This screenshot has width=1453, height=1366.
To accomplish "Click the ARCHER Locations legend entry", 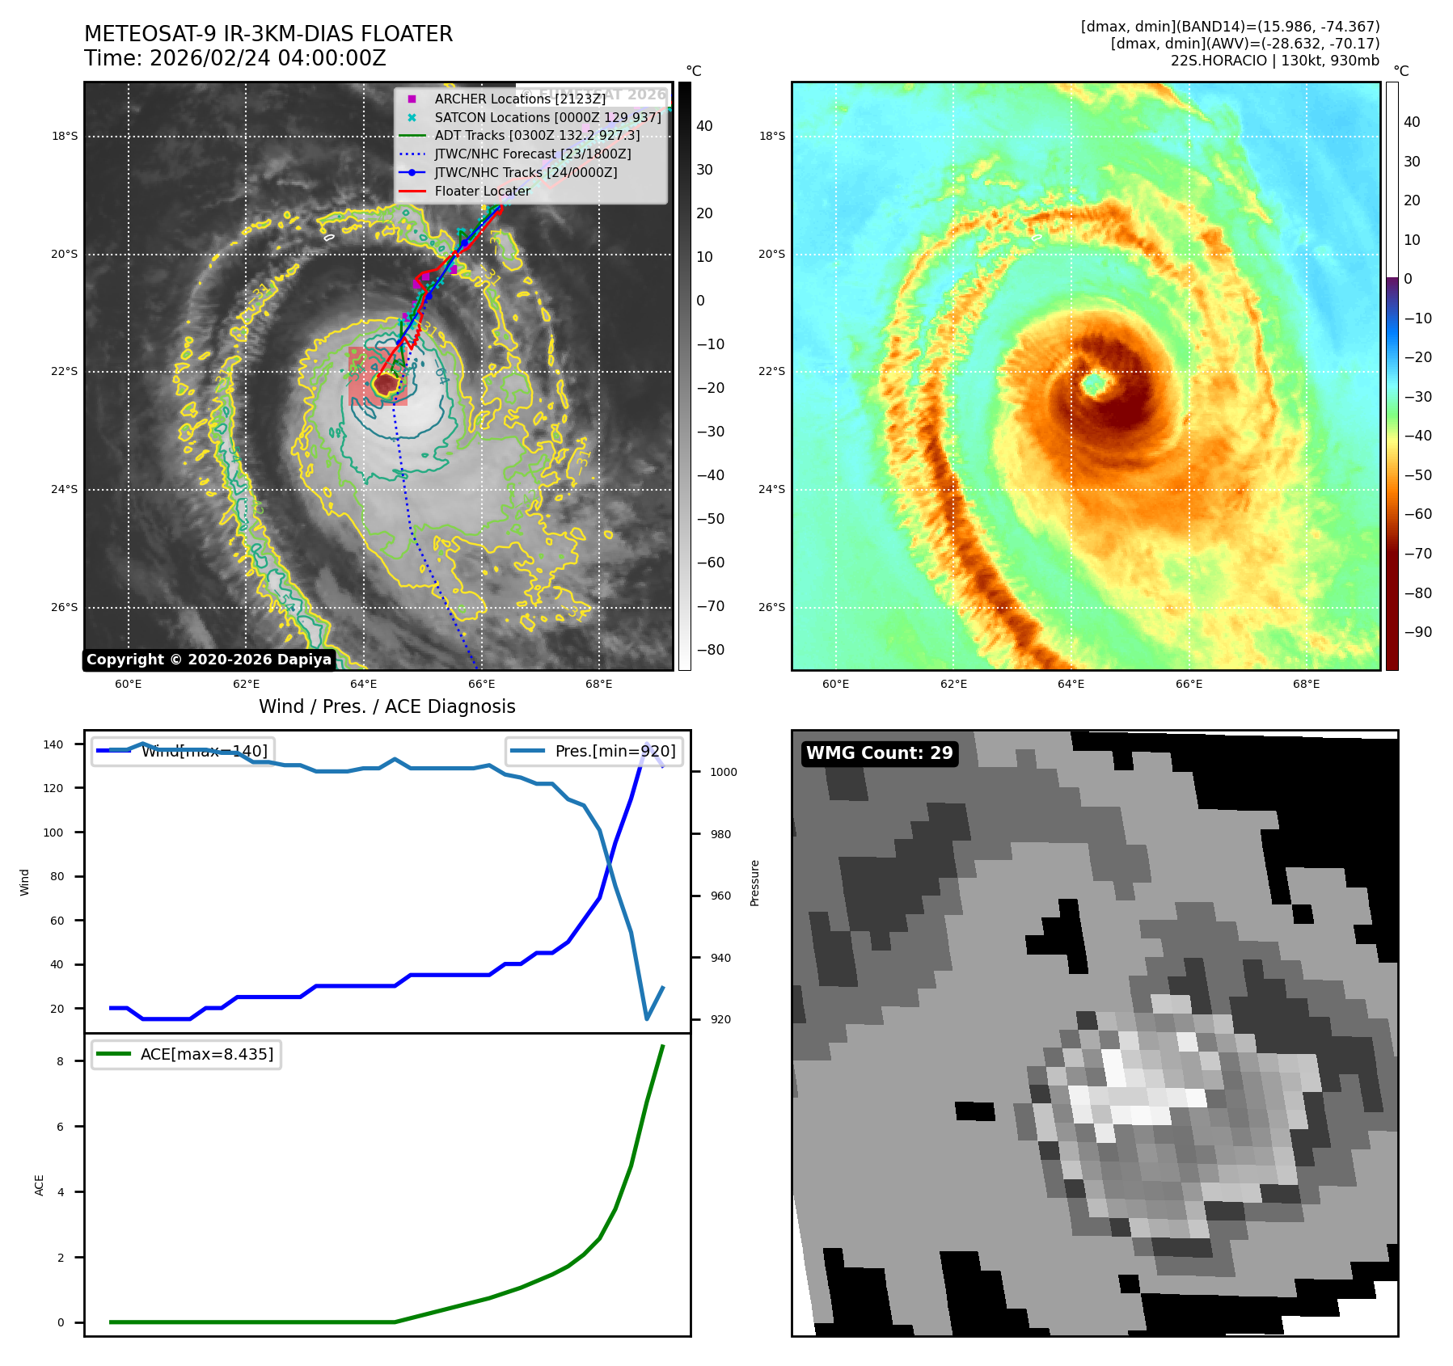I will [519, 99].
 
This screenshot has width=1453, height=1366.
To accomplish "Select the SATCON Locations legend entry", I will [547, 117].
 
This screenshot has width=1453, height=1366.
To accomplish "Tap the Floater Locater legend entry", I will [482, 191].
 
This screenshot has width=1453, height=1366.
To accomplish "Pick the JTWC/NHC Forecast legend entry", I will [532, 154].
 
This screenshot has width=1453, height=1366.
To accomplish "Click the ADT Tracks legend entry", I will [537, 135].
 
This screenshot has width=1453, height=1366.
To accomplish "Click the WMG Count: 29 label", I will [879, 753].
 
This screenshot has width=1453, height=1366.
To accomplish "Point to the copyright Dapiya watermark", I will [209, 660].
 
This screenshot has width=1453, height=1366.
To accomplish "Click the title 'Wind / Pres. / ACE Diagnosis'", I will [386, 706].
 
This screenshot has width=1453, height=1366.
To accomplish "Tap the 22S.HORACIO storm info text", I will [1274, 61].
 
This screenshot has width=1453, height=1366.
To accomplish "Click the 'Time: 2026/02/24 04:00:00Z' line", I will [235, 58].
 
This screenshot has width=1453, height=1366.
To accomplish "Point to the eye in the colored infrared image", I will [1095, 384].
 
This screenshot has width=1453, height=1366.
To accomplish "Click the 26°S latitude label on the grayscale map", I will [65, 607].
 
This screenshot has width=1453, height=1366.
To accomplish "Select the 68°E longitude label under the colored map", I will [1306, 684].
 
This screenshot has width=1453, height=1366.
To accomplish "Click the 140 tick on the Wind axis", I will [53, 744].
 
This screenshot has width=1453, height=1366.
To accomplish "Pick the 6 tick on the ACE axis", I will [61, 1127].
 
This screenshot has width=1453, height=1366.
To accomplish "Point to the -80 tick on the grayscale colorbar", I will [711, 650].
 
